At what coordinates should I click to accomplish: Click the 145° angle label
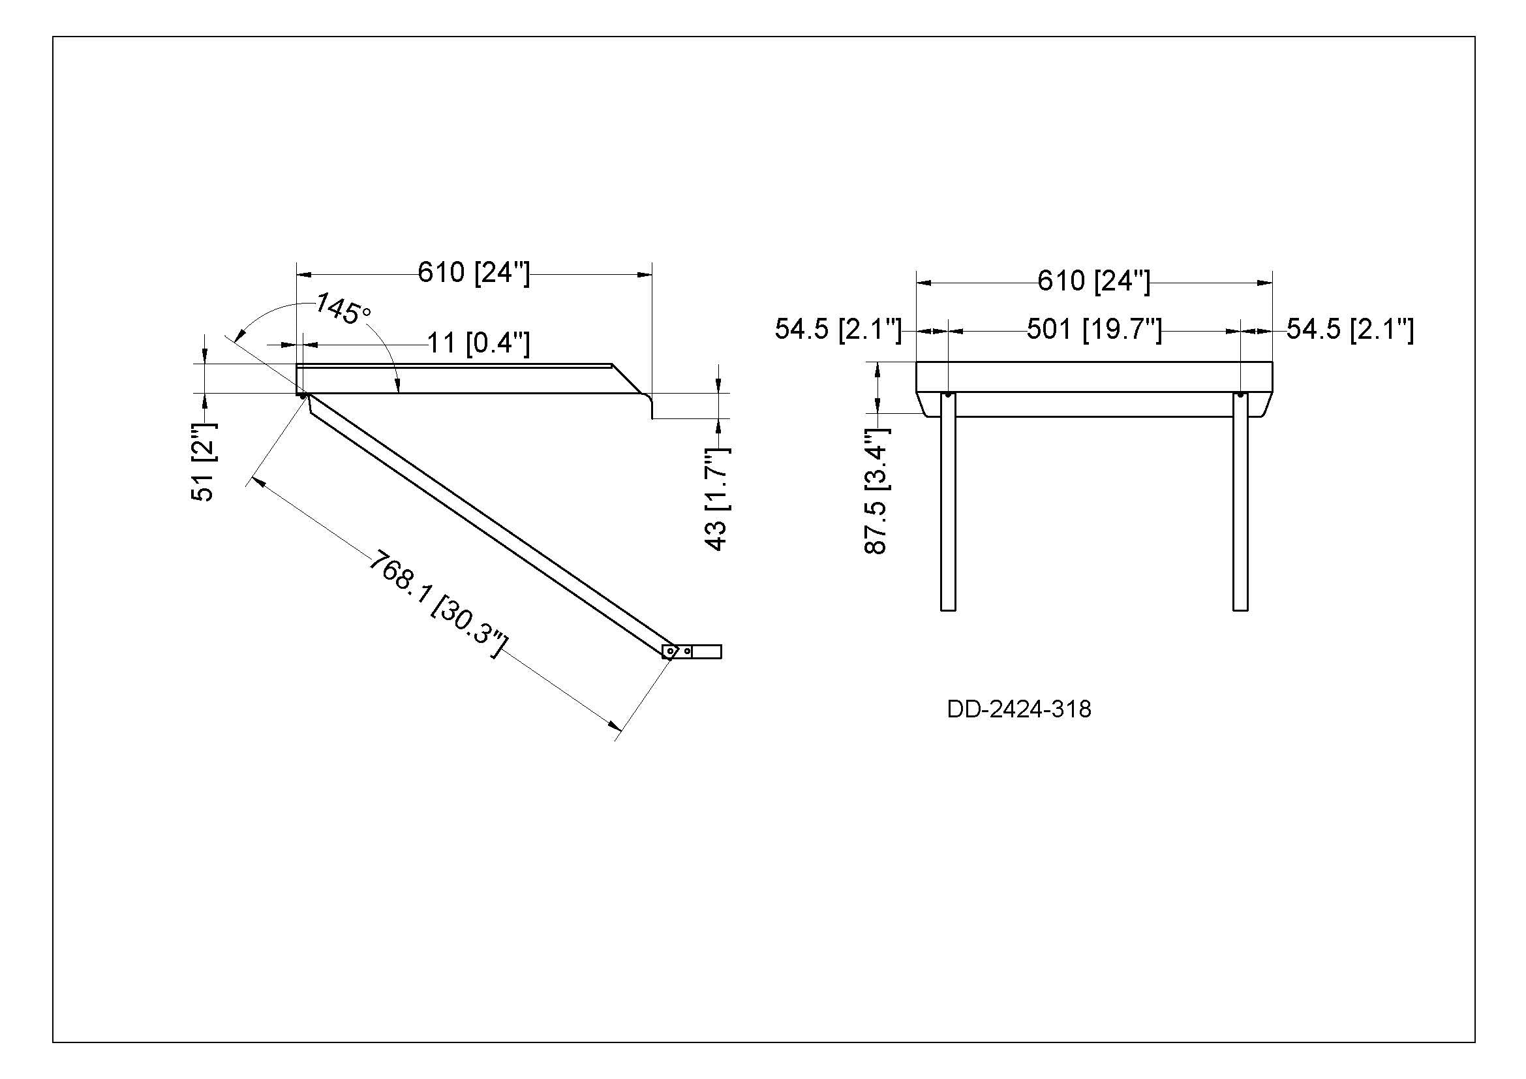tap(343, 310)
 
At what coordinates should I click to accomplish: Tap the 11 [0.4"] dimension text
tap(478, 343)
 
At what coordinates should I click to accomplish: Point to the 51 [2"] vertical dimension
tap(204, 461)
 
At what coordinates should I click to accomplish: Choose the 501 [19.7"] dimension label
tap(1094, 329)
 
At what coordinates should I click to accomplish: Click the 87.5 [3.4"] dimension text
tap(877, 492)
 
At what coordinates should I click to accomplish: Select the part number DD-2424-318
tap(1019, 710)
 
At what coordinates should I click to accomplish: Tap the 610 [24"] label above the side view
tap(474, 273)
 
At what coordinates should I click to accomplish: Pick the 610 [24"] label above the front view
tap(1094, 281)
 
